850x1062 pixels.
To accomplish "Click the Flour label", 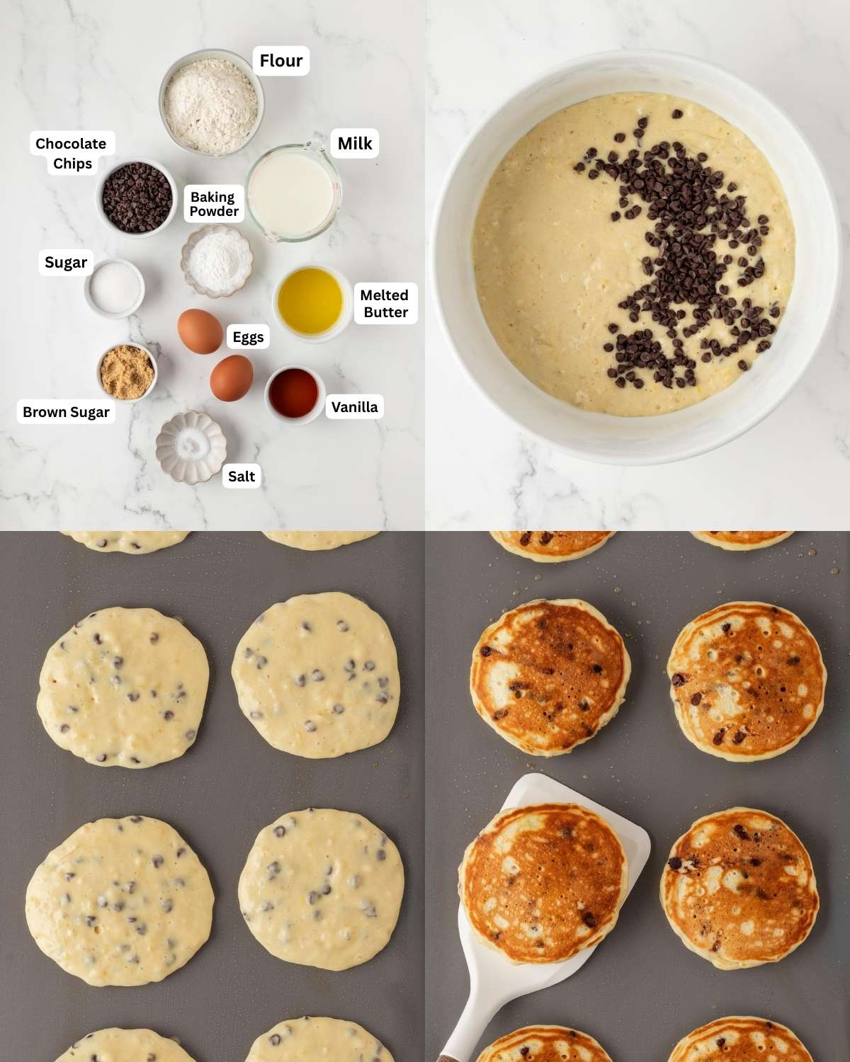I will point(280,61).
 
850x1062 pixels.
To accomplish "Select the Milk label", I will point(354,144).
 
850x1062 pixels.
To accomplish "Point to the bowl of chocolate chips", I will point(137,198).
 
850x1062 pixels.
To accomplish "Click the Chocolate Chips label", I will point(72,154).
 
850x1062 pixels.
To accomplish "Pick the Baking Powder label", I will point(214,204).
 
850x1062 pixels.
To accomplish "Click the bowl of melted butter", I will point(310,302).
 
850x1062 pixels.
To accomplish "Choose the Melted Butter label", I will point(385,304).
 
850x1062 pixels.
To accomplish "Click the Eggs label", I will point(248,337).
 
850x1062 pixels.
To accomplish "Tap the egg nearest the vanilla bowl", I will point(232,378).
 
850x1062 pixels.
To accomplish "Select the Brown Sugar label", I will point(66,412).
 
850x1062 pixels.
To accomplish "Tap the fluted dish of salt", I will point(191,447).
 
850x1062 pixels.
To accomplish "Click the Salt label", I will point(241,476).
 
